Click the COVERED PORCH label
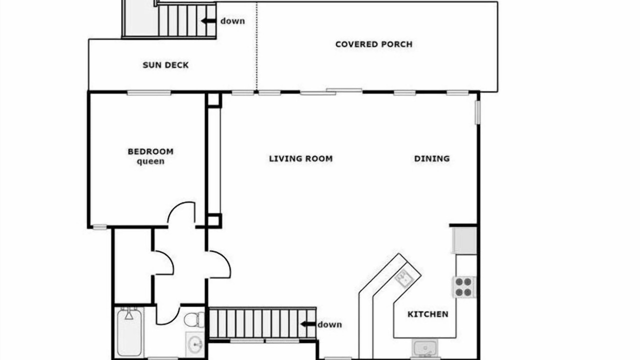pos(373,44)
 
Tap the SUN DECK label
pos(165,65)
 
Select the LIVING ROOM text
pos(301,158)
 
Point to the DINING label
pos(431,158)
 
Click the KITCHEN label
pos(427,314)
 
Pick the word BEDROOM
pos(150,151)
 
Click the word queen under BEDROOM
pos(150,161)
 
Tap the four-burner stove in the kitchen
pos(463,287)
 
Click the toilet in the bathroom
pos(194,319)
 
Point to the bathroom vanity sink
pos(195,344)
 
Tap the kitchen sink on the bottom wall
pos(425,348)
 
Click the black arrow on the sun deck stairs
pos(208,21)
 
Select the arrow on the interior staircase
pos(307,324)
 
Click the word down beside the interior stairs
pos(329,324)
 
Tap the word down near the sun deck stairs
pos(232,21)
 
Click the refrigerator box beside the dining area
pos(465,240)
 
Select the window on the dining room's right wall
pos(477,112)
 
